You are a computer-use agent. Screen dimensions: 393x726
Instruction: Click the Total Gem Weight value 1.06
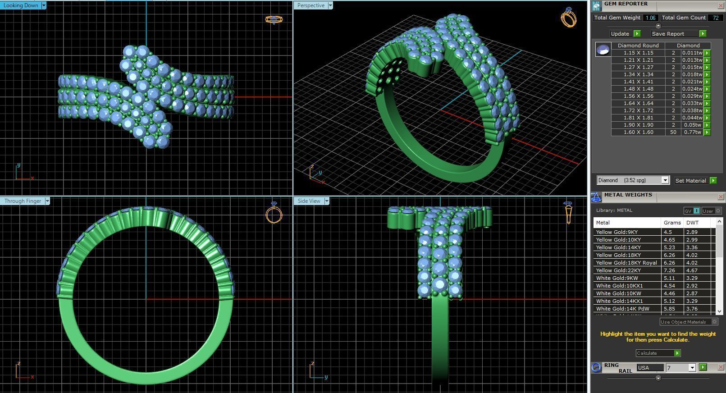(650, 18)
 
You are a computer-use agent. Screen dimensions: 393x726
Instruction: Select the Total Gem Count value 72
(715, 18)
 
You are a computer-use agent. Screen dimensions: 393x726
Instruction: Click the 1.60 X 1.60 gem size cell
(638, 132)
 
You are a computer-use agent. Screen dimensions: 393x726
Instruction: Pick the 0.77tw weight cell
(691, 132)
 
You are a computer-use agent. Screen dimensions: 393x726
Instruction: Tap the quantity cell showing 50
(673, 132)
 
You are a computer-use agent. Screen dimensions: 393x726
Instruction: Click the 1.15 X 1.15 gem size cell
(638, 53)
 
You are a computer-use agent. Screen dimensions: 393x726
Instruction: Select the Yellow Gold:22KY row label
(618, 270)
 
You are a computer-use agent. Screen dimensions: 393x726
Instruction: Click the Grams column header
(672, 223)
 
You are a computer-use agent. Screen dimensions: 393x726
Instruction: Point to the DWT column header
(692, 223)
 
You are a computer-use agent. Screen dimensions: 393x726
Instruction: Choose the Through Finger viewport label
(23, 201)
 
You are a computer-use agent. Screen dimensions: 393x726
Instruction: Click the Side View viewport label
(309, 201)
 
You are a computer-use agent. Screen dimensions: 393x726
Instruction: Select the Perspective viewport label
(311, 5)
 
